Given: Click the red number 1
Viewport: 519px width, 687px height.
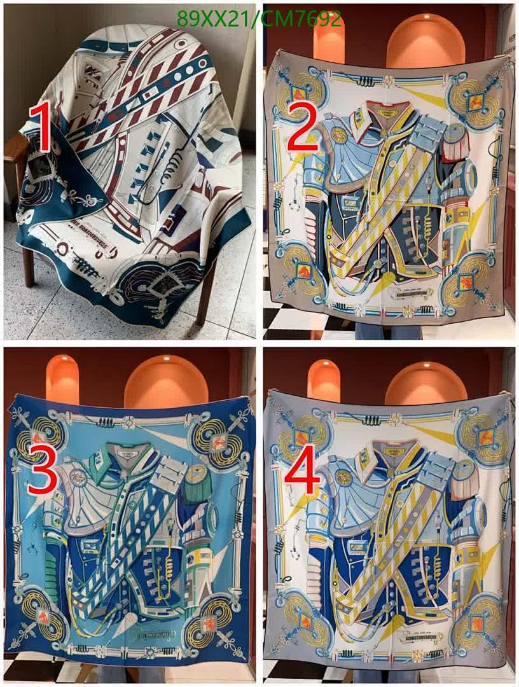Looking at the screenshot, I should (40, 129).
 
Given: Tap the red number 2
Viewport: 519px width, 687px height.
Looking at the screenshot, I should (305, 128).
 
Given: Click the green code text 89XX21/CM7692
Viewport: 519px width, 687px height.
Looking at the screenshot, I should (259, 20).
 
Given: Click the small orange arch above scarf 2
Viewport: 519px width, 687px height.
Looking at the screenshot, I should (329, 39).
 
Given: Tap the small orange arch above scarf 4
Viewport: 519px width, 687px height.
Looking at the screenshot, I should (324, 380).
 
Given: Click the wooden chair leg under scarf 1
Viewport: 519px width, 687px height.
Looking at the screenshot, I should (27, 267).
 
